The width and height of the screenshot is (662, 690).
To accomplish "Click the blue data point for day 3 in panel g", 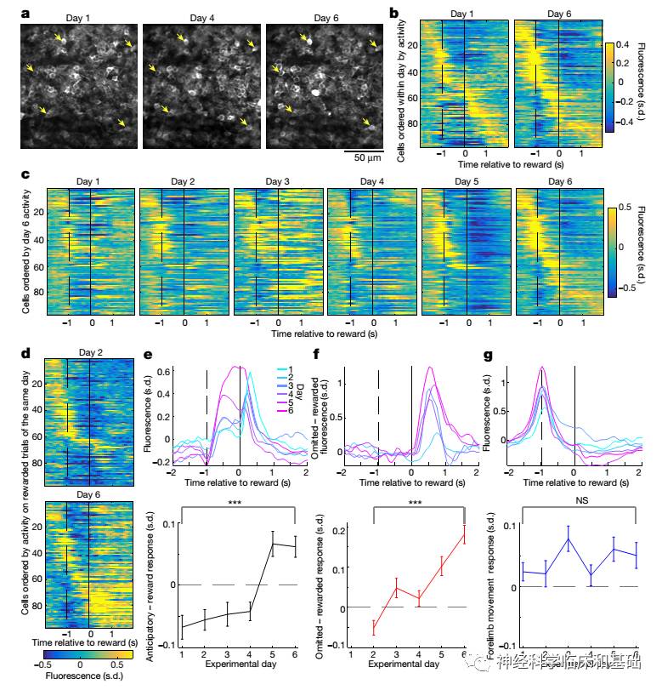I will tap(569, 539).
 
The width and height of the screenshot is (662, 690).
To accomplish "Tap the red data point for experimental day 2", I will tap(375, 628).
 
